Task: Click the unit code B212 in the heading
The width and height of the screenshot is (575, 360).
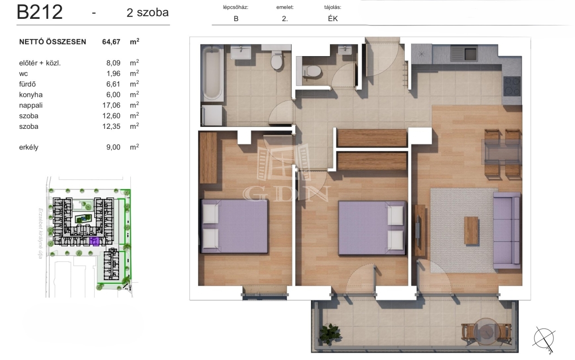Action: [x=40, y=12]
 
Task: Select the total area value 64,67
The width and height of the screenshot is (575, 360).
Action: [x=111, y=42]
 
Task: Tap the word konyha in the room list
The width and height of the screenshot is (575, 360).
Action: [x=31, y=95]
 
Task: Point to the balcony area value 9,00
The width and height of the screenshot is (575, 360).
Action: [x=113, y=147]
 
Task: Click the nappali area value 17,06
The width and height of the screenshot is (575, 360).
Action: [x=111, y=105]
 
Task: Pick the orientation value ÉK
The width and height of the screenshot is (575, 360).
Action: [x=333, y=18]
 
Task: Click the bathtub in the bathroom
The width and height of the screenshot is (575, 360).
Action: [x=212, y=73]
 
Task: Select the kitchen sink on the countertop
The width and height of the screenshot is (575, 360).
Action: [x=464, y=53]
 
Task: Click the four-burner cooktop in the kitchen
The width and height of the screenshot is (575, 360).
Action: [x=512, y=86]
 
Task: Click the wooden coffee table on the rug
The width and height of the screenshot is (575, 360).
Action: [x=471, y=231]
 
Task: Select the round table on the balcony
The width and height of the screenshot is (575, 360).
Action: [x=487, y=332]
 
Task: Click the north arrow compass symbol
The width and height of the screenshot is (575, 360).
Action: [x=544, y=339]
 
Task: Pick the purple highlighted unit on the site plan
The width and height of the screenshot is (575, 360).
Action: [x=94, y=241]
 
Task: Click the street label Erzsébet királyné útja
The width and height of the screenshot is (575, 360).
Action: [x=40, y=233]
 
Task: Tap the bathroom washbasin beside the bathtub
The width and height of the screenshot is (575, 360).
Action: [x=241, y=53]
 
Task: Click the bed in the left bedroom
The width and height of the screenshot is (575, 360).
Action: [x=234, y=226]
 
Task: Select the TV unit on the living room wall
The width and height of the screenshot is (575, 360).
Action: [x=420, y=231]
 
